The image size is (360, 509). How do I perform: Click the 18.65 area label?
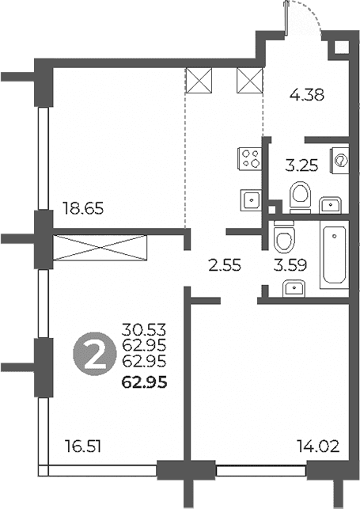(83, 208)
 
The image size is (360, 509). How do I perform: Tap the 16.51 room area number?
(83, 446)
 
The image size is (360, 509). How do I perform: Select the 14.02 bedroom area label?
(319, 446)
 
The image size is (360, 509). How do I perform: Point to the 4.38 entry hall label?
(307, 95)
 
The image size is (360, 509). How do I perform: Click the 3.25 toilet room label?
(301, 165)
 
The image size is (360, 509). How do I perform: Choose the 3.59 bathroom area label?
(290, 265)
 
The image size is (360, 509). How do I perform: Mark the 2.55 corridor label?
(225, 265)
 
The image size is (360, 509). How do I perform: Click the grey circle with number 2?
(95, 354)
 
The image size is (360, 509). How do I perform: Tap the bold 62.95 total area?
(144, 382)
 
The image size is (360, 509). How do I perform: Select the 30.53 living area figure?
(144, 330)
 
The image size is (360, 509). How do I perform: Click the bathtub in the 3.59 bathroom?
(334, 255)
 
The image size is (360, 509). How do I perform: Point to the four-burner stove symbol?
(250, 158)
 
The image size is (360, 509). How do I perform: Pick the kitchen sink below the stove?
(251, 200)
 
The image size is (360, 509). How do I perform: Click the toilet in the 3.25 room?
(300, 197)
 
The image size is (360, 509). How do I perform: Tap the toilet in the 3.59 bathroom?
(284, 237)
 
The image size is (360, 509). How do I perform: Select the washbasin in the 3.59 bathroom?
(294, 289)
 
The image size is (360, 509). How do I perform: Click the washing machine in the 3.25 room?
(339, 161)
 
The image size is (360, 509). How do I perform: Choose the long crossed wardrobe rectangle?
(100, 248)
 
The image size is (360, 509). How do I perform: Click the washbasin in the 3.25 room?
(330, 205)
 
